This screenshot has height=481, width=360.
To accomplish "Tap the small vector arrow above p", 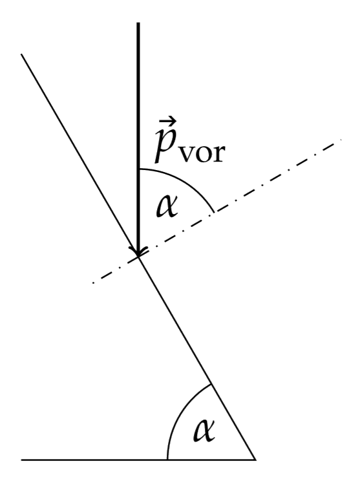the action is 168,122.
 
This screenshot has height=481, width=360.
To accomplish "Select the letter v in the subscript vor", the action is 187,153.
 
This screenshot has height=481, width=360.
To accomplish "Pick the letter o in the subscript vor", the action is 203,153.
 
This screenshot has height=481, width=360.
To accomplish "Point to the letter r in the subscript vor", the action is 218,153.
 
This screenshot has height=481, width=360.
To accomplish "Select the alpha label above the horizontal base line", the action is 204,431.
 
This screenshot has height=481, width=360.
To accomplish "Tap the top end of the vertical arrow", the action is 138,23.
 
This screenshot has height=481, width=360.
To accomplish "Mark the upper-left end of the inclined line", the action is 21,54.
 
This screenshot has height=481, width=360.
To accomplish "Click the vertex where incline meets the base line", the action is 255,460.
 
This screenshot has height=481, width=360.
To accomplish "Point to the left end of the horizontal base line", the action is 21,460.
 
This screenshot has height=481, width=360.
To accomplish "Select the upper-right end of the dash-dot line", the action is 341,140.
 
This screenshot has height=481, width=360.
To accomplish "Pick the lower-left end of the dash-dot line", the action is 93,283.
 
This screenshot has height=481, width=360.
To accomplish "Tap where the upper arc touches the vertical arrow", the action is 139,169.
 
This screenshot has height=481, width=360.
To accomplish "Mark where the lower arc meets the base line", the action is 167,460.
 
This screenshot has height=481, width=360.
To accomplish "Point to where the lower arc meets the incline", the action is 211,384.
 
